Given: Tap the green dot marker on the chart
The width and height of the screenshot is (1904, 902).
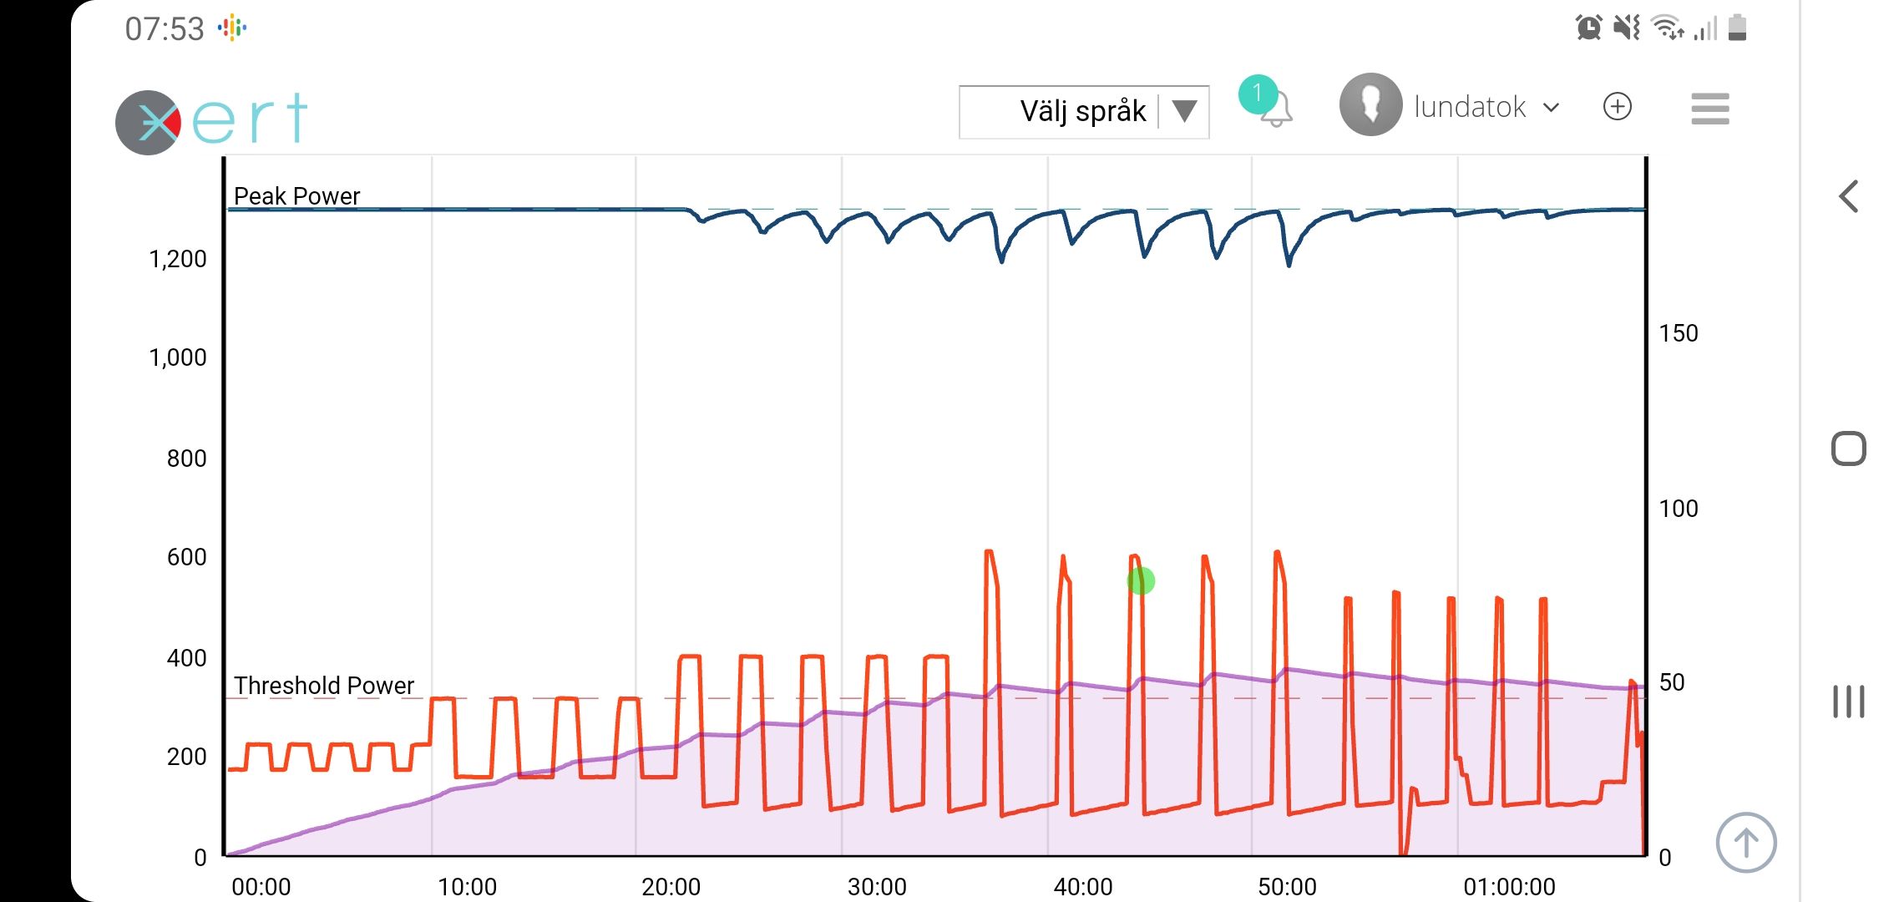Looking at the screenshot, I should tap(1141, 580).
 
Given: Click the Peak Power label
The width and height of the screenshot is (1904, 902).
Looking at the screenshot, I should tap(296, 196).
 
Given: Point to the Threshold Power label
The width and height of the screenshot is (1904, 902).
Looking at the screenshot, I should tap(323, 686).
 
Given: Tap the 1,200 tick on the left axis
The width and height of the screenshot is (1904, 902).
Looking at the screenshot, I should tap(177, 259).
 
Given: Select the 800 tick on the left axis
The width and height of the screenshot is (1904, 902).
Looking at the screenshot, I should tap(186, 459).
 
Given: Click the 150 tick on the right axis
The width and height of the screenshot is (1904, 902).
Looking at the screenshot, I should tap(1678, 333).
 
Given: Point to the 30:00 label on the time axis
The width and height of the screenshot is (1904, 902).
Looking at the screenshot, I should tap(877, 886).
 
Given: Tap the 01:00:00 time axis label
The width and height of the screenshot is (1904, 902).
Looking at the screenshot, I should tap(1509, 886).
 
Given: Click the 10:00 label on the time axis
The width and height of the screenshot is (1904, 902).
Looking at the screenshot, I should tap(467, 886).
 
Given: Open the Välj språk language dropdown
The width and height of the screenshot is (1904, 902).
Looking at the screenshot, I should tap(1083, 111).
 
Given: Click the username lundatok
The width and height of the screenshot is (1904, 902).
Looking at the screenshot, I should tap(1470, 107).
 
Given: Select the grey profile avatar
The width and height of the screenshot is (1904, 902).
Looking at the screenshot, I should tap(1370, 104).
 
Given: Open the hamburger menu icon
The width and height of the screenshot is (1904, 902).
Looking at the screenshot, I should tap(1709, 109).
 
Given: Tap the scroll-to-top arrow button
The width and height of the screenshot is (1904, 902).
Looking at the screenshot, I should tap(1745, 842).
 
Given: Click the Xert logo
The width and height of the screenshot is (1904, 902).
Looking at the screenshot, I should tap(212, 121).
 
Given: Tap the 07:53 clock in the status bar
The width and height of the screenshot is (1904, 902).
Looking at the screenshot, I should tap(165, 29).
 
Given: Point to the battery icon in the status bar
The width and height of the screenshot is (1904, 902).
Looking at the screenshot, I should tap(1737, 28).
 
